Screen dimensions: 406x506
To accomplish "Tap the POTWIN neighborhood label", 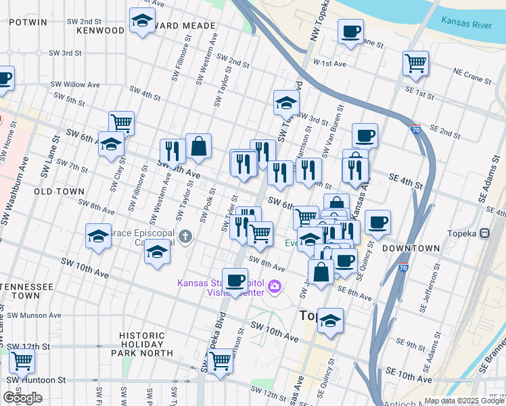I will tap(28, 22).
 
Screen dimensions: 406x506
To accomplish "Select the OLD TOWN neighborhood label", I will tap(60, 192).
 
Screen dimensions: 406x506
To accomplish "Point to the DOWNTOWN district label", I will tap(411, 249).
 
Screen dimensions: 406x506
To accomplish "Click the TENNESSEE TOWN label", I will tap(27, 292).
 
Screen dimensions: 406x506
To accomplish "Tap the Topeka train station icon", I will tap(484, 233).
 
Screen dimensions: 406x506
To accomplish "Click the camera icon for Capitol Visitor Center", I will tap(274, 287).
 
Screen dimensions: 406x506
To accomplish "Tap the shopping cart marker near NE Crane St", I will tap(415, 64).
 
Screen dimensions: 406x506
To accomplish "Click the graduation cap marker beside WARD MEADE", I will tap(142, 21).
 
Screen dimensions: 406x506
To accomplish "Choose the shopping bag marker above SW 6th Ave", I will tap(199, 145).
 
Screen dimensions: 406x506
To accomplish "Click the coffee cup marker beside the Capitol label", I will tap(235, 279).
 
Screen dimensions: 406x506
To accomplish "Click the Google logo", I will tap(22, 398).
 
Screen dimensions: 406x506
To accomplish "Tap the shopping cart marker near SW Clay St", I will tap(121, 123).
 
